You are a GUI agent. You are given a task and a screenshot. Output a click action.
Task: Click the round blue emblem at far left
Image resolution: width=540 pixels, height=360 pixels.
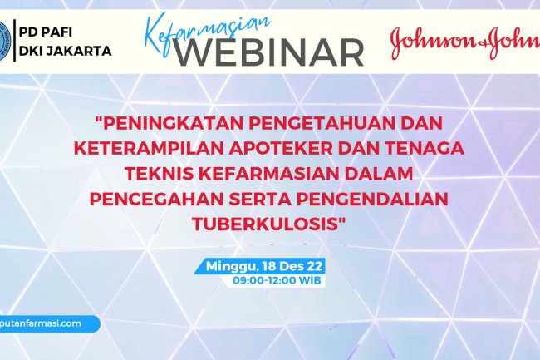4,37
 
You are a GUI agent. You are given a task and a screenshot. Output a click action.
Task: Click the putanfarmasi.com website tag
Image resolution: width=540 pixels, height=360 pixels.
46,323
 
